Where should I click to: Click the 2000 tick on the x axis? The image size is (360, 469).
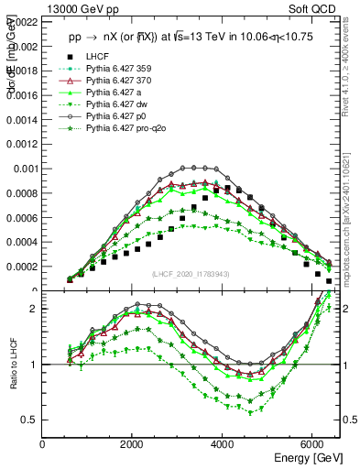133,444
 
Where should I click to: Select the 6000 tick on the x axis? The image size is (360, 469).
312,444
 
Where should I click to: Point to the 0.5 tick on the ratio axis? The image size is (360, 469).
29,420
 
